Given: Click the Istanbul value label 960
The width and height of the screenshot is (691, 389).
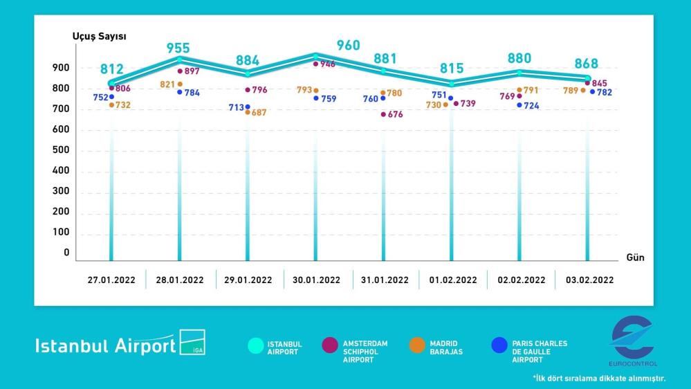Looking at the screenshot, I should [348, 46].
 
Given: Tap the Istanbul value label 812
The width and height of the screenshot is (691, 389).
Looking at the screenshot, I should [111, 69].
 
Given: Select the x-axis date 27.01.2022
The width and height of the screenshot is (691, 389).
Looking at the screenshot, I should [111, 280].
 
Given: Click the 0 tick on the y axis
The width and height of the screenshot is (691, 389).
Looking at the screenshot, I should [67, 253].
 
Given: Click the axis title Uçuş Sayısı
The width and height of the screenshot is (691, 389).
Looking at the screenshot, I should [99, 36].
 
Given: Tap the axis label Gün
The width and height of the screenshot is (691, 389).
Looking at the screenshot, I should [635, 257].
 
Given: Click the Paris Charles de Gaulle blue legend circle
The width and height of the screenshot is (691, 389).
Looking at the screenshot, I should [499, 345].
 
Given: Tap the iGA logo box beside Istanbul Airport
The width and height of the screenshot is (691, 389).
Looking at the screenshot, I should [192, 342].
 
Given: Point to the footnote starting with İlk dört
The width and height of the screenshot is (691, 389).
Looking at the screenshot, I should [599, 379].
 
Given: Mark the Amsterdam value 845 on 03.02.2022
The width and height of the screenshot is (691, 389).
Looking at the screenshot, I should [599, 84].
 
